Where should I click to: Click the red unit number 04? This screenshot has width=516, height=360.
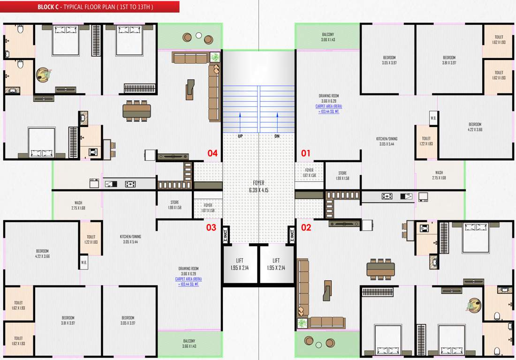(212, 153)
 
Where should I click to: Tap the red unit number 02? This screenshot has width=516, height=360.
(306, 228)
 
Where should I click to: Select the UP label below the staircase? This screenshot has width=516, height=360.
(240, 136)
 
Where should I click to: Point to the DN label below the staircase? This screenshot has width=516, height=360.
(277, 136)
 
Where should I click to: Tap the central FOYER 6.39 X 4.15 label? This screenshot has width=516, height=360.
(258, 187)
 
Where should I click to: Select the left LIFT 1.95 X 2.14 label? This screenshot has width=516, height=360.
(240, 264)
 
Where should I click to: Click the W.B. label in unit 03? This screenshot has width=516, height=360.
(84, 262)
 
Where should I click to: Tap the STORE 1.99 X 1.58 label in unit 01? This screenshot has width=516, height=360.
(342, 176)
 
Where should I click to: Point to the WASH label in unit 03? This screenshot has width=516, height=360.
(78, 205)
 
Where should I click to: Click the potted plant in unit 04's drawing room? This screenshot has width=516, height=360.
(215, 57)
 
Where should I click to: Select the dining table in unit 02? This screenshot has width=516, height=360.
(380, 269)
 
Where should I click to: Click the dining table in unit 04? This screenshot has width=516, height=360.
(137, 111)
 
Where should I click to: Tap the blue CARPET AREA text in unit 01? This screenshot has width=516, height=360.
(328, 109)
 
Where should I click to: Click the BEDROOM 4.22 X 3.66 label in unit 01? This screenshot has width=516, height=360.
(475, 127)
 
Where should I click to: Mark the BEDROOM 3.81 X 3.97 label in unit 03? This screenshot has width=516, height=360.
(68, 320)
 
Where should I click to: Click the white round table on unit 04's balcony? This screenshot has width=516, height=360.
(198, 35)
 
